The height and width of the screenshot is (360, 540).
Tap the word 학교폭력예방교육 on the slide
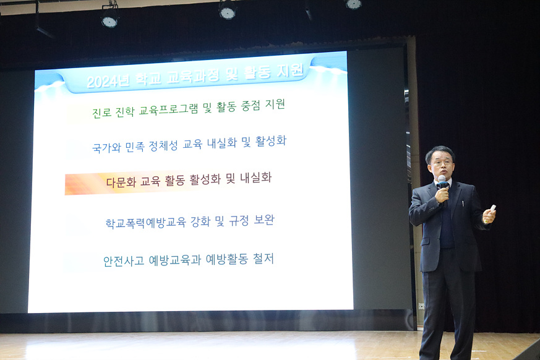click(x=146, y=223)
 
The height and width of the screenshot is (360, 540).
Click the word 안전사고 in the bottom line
click(x=124, y=261)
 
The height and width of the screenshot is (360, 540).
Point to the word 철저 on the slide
click(x=264, y=259)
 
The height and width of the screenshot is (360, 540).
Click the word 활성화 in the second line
click(x=271, y=141)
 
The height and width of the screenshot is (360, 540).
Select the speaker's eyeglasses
click(x=441, y=163)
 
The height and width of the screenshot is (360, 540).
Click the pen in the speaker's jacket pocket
click(x=463, y=204)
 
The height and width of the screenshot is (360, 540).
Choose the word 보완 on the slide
click(x=264, y=220)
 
